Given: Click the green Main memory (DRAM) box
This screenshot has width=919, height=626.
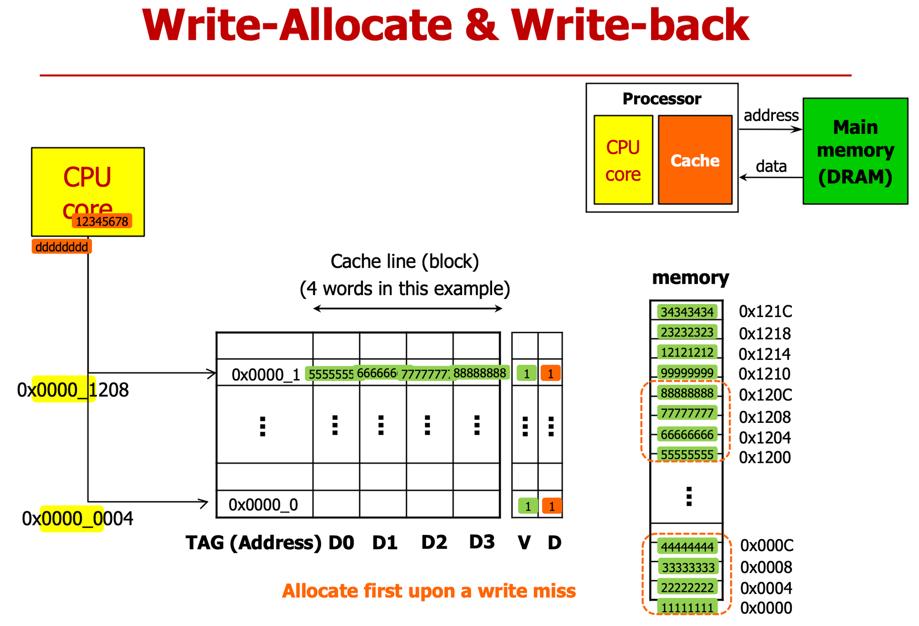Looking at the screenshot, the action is (855, 151).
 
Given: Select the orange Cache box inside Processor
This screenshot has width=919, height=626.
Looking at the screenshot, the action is (695, 160).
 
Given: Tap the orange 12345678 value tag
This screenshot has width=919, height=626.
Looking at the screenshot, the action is (102, 222).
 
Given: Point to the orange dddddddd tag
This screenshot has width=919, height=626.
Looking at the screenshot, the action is (62, 247).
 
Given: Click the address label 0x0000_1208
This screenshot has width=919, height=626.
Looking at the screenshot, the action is (73, 390).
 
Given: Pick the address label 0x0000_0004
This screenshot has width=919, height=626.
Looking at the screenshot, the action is (78, 519).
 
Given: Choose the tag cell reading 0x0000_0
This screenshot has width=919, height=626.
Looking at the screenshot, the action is (263, 505).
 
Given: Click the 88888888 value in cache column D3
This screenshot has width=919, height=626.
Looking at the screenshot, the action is (480, 373).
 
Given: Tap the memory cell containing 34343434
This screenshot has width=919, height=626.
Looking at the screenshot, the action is (687, 312).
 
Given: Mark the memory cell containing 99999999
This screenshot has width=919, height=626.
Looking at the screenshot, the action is (687, 373).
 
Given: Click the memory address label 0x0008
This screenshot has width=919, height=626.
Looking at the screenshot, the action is (766, 568).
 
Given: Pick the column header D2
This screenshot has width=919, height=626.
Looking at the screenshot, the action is (434, 543).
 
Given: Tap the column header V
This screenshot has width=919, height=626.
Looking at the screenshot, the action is (524, 543).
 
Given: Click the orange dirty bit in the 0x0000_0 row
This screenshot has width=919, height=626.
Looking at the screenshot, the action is (551, 506).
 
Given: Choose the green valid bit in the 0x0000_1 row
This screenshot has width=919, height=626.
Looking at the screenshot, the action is (527, 373).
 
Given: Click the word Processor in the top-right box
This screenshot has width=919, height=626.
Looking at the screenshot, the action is (662, 99).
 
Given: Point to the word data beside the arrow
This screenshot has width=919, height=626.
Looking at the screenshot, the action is (771, 166).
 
